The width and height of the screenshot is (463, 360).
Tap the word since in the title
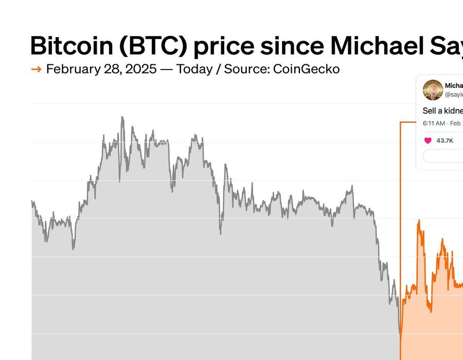coord(291,46)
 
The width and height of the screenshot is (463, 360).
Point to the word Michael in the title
coord(379,46)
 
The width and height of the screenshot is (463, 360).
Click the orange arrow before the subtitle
coord(36,69)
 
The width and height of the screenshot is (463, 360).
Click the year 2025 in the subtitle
coord(140,69)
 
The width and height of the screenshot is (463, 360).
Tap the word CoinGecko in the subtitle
coord(307,69)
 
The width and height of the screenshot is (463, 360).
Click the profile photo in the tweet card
coord(433,90)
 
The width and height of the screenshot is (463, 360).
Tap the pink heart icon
coord(428,140)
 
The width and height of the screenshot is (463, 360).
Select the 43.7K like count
coord(445,140)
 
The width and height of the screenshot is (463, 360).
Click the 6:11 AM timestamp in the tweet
coord(434,123)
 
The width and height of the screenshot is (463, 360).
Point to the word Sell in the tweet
coord(429,111)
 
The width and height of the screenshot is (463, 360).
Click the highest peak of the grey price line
coord(122,117)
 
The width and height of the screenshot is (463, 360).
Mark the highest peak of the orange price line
coord(419,220)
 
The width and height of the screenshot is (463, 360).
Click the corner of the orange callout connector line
coord(400,122)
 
